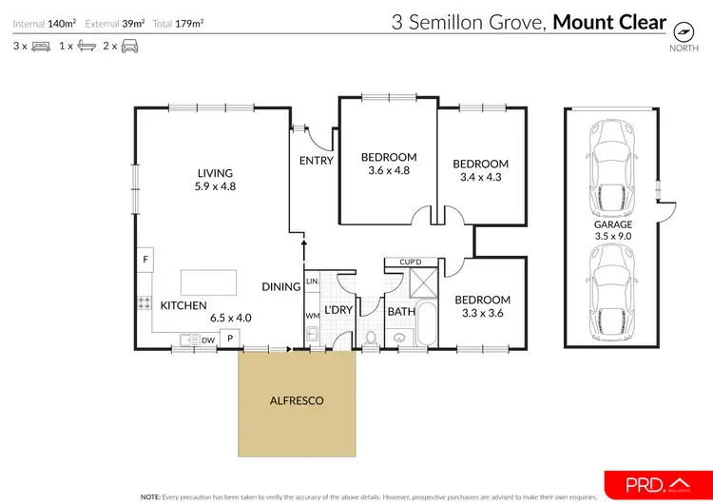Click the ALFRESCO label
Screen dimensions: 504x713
[298, 400]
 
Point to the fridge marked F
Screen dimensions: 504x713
[145, 259]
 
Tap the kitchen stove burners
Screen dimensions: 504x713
[145, 304]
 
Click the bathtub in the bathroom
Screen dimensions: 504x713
[425, 325]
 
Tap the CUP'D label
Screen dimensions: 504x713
[411, 262]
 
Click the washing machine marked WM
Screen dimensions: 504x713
[312, 315]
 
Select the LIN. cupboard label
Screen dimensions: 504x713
[312, 282]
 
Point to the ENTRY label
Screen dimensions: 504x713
[316, 161]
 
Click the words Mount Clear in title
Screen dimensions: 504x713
[609, 21]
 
